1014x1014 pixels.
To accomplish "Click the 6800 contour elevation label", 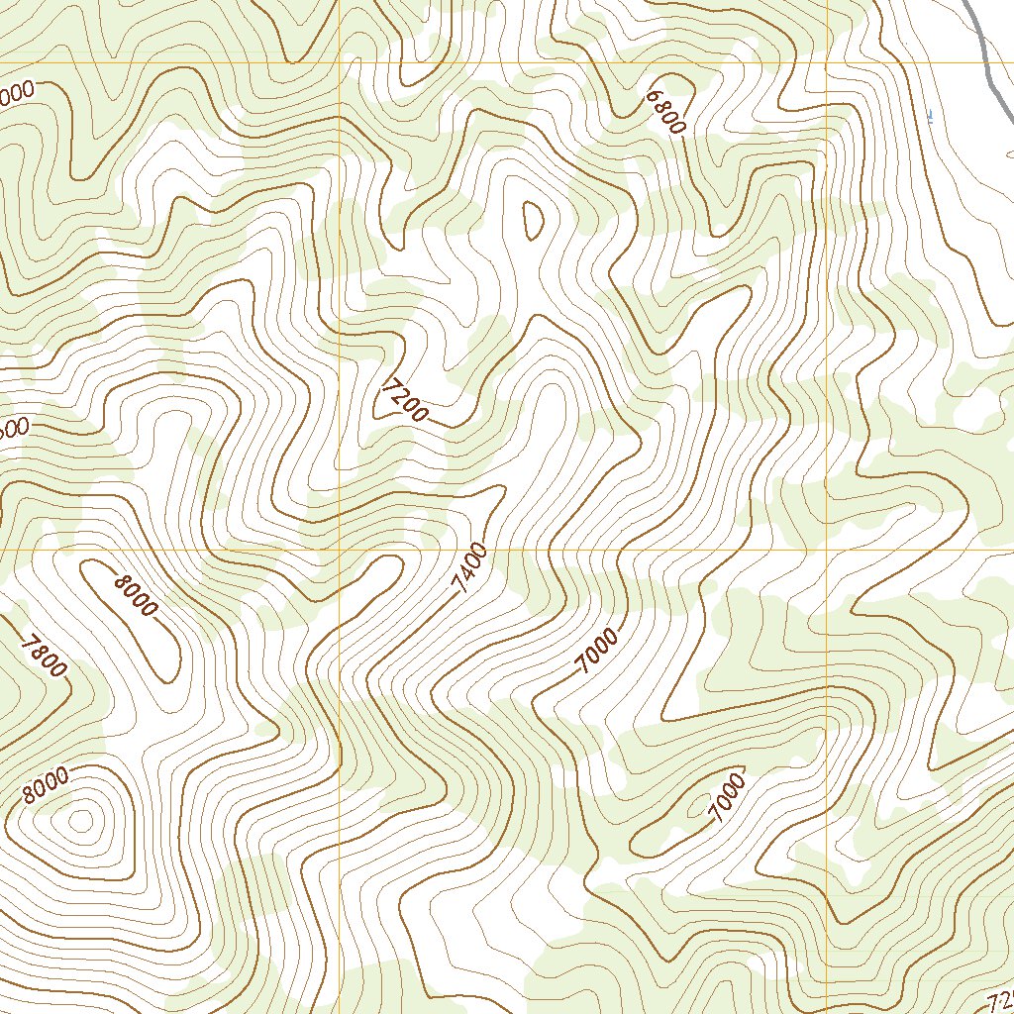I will click(x=665, y=112).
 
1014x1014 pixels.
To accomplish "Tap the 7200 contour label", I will click(x=404, y=399).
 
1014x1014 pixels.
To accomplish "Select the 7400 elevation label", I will click(x=469, y=567).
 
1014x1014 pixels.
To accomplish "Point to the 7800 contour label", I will click(x=44, y=656).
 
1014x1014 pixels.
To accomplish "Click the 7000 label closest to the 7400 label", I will click(x=597, y=652).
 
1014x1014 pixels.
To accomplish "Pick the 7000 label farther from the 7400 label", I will click(x=726, y=797).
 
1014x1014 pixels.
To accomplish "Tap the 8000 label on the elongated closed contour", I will click(x=135, y=595).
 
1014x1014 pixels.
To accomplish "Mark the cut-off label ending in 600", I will click(x=14, y=429).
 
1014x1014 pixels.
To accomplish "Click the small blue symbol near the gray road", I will click(x=930, y=117).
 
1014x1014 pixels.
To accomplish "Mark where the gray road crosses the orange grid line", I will click(x=989, y=62).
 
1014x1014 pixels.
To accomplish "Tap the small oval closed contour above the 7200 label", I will click(x=533, y=220).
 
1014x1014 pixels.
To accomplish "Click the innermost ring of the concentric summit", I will click(x=81, y=820).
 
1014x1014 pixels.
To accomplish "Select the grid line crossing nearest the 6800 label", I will click(x=827, y=62).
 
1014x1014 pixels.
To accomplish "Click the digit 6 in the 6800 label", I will click(x=653, y=97).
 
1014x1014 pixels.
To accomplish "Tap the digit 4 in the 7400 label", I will click(x=465, y=574).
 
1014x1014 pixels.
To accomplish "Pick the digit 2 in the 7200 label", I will click(x=400, y=395).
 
